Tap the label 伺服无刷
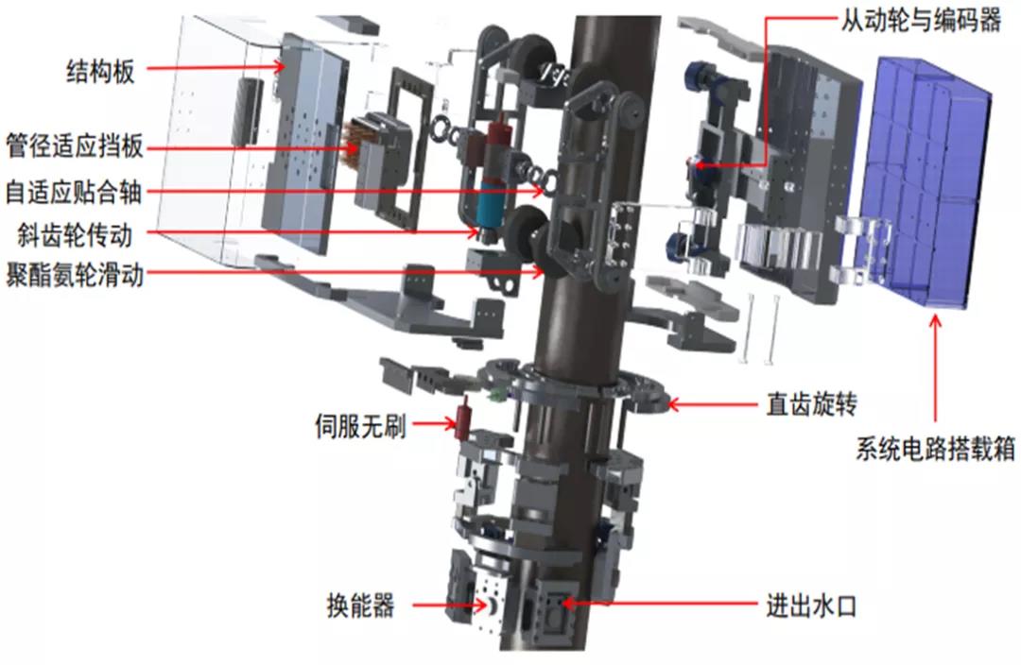point(359,426)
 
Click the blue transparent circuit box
point(930,179)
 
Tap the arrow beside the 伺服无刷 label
point(434,426)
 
